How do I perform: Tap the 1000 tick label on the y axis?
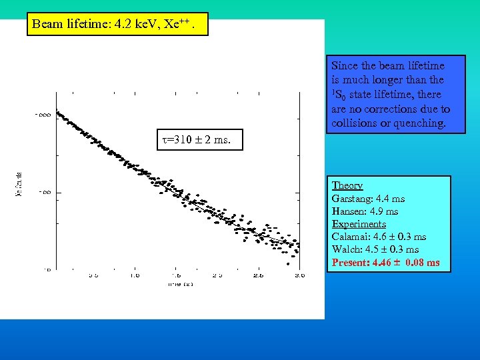(x=42, y=115)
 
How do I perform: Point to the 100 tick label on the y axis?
(x=44, y=193)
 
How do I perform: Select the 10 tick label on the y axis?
(x=46, y=269)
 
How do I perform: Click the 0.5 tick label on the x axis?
(x=94, y=275)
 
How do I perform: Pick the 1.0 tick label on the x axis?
(x=135, y=275)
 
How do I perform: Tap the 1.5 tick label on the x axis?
(x=176, y=275)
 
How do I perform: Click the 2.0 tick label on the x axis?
(x=217, y=275)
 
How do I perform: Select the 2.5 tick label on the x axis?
(x=258, y=275)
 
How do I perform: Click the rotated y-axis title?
(x=18, y=185)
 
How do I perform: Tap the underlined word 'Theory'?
(x=347, y=185)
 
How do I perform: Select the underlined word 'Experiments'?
(x=359, y=224)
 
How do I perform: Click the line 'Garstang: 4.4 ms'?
(x=368, y=199)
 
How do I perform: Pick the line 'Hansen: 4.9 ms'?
(x=365, y=211)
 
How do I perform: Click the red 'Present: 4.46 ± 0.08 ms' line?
(x=386, y=263)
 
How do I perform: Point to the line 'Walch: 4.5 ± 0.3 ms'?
(x=375, y=249)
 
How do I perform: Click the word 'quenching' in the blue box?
(x=419, y=123)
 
